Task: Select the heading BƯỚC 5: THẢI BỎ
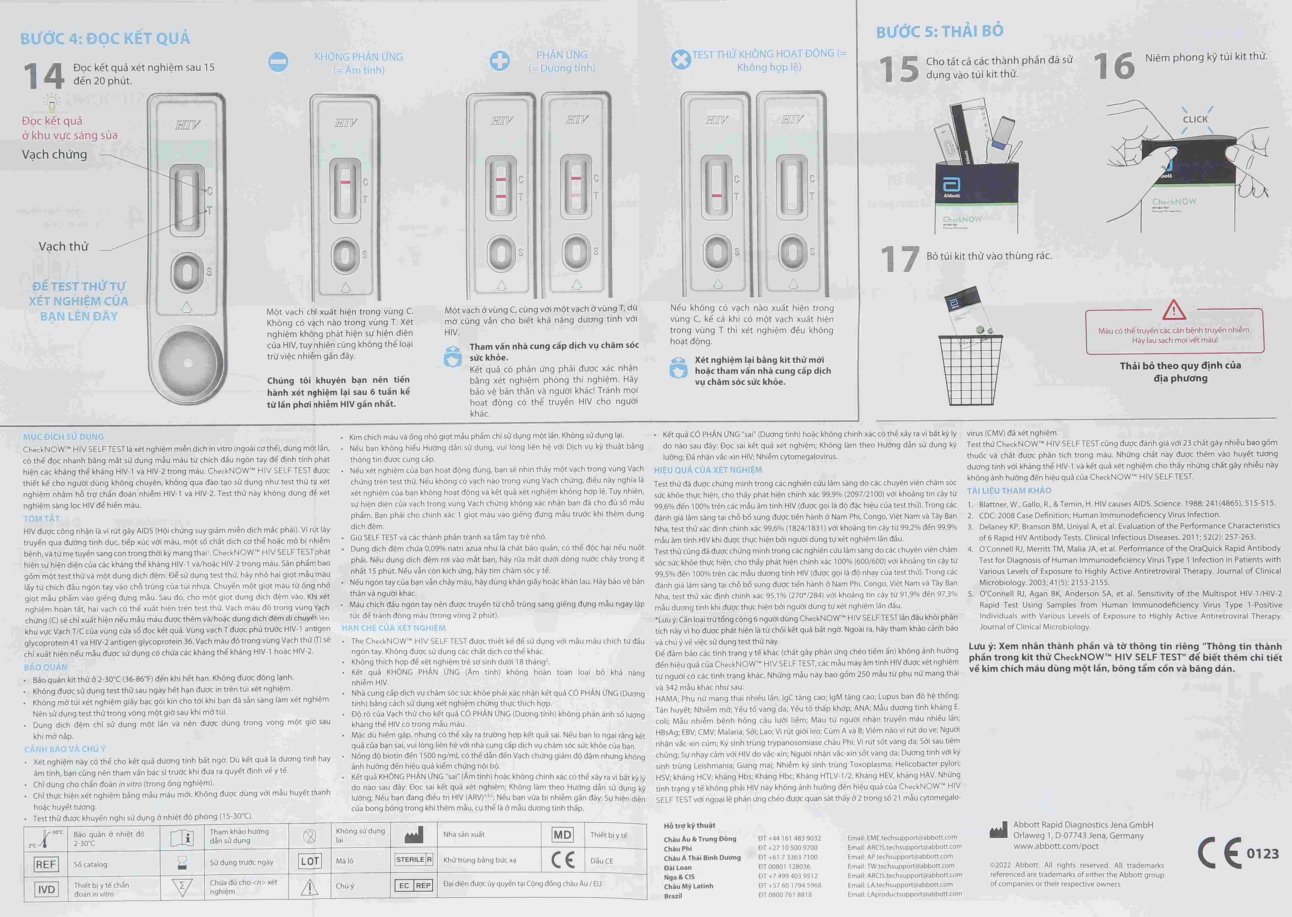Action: pos(940,31)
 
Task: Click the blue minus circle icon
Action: pos(278,62)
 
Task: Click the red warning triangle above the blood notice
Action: pos(1174,309)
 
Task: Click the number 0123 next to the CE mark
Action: pos(1263,854)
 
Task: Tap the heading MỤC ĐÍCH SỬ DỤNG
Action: pos(63,436)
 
